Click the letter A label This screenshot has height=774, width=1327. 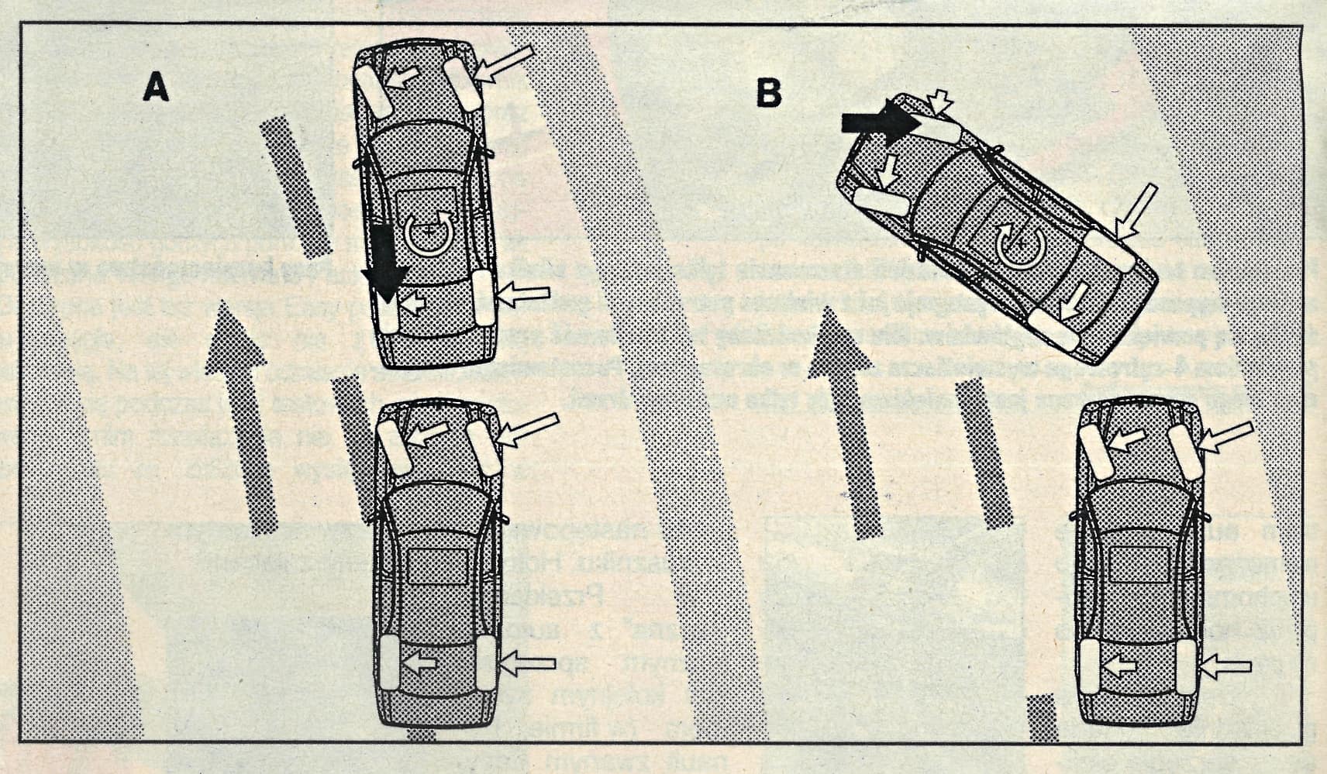tap(156, 87)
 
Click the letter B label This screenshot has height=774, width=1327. tap(768, 92)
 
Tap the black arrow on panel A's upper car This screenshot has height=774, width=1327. tap(384, 263)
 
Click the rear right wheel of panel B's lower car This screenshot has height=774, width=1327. tap(1185, 666)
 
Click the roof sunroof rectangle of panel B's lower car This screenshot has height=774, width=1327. tap(1139, 563)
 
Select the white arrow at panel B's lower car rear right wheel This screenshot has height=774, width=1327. tap(1226, 665)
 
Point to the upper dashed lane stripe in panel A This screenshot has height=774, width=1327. tap(296, 186)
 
